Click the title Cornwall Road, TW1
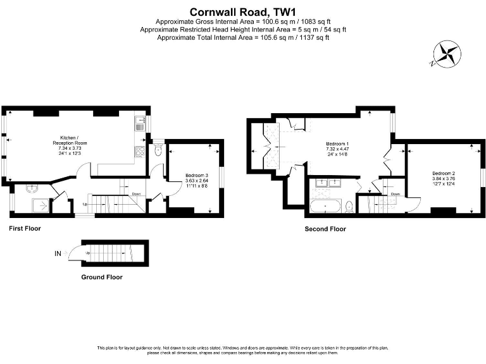243,11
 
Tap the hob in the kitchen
139,151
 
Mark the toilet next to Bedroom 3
158,150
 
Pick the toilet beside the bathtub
349,206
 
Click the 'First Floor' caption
25,228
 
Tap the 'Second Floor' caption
325,229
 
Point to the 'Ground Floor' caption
102,277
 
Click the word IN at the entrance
58,253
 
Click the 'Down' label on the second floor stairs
395,194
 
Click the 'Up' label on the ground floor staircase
88,253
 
